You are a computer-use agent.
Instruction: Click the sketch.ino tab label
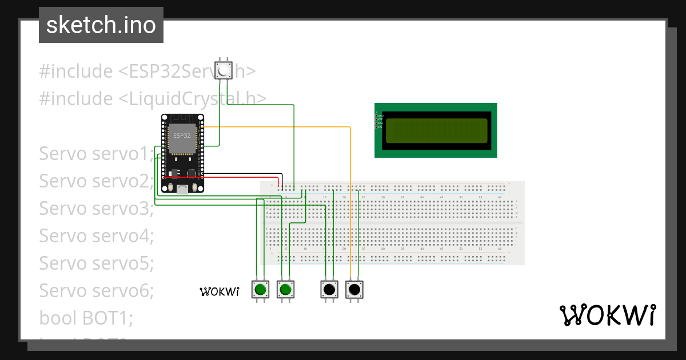101,25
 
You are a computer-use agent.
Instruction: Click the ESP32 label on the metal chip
182,135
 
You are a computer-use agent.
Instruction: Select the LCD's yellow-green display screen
436,131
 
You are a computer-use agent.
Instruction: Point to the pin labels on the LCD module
378,120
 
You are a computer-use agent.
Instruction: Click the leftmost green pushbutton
261,290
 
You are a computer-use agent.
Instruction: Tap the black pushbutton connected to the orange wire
354,290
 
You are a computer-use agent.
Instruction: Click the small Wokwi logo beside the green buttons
219,291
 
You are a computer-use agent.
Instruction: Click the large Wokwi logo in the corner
607,315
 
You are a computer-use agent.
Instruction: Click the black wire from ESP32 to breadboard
240,173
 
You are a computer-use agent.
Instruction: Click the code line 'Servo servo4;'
96,235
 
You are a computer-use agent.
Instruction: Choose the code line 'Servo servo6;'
96,290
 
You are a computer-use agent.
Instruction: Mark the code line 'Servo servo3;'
96,209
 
